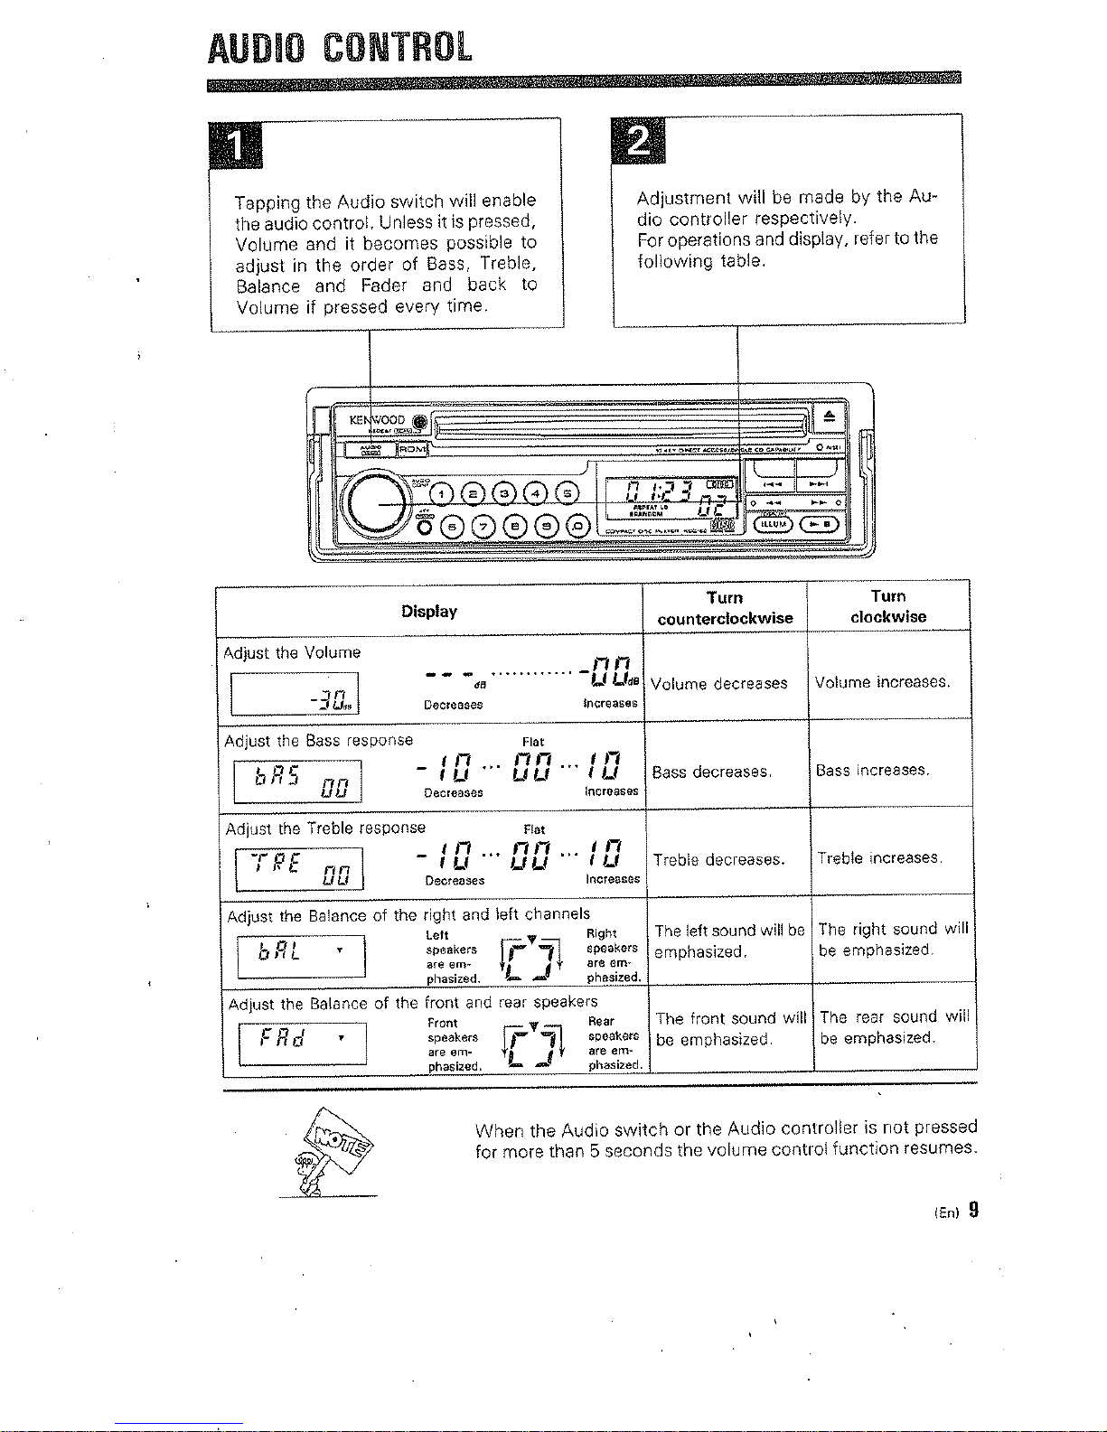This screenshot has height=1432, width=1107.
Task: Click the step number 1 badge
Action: (x=235, y=145)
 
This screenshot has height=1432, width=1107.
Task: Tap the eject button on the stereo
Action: (x=830, y=416)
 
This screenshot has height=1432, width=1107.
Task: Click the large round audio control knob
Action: (x=375, y=503)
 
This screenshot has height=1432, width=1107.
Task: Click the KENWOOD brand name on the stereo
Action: (x=378, y=420)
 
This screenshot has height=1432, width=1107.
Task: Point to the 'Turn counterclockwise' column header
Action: (x=725, y=608)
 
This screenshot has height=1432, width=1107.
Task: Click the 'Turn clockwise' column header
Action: (x=888, y=606)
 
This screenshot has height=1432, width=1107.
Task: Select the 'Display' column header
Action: (x=429, y=612)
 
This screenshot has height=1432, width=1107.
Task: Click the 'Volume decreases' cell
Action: (x=718, y=684)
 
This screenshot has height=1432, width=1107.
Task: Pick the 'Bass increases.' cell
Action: (x=873, y=771)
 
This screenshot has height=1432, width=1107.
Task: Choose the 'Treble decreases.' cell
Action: (x=718, y=859)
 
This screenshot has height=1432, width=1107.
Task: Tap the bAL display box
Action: (x=301, y=956)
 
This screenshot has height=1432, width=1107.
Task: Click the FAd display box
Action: (x=302, y=1044)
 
